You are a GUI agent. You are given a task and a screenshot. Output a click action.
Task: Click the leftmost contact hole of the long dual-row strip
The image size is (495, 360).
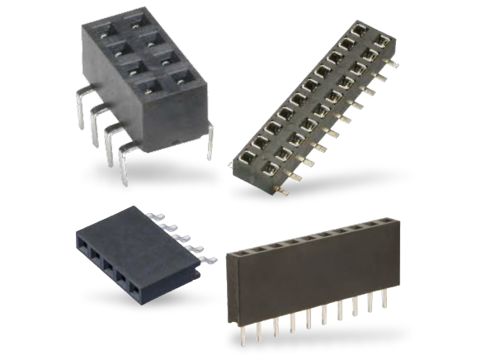(x=245, y=155)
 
